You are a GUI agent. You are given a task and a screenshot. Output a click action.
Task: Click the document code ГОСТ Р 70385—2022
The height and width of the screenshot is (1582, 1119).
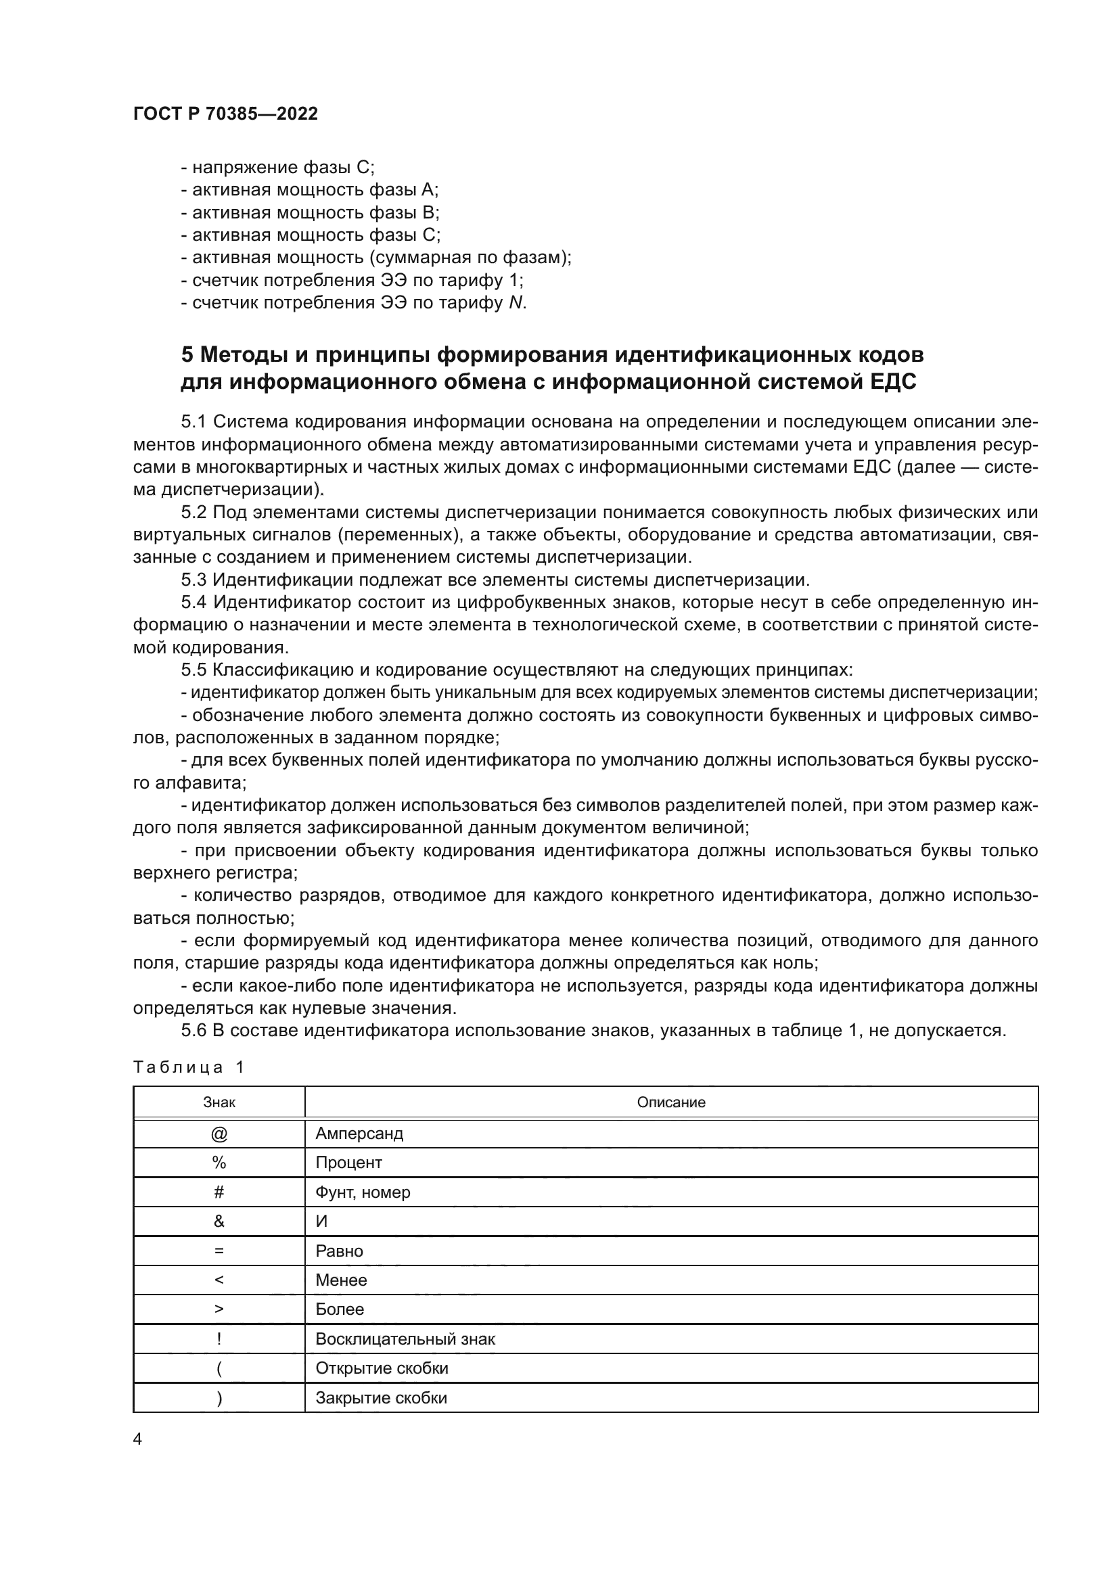point(225,114)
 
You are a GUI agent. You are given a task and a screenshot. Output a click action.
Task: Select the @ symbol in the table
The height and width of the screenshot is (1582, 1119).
point(219,1134)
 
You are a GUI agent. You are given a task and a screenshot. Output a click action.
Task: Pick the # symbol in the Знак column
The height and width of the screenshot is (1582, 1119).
point(219,1192)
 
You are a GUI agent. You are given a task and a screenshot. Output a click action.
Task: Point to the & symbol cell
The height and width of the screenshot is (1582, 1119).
point(219,1221)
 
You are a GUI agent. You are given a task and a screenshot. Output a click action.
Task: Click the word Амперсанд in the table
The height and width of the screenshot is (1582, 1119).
point(359,1134)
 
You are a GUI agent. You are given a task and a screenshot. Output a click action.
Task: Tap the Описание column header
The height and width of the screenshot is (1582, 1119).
point(670,1102)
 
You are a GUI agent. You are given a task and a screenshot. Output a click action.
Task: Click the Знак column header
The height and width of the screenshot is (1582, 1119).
point(219,1102)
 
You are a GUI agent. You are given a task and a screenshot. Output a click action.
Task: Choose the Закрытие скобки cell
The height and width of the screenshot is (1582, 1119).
point(381,1397)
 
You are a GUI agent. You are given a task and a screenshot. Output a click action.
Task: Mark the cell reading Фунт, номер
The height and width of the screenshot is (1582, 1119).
point(363,1192)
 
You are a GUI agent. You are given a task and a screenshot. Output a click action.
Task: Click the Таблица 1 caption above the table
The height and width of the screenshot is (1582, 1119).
point(188,1067)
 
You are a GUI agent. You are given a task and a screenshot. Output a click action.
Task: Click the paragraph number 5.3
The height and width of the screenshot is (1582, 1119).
point(193,580)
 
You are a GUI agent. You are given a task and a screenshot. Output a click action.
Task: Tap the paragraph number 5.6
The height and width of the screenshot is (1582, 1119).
point(193,1031)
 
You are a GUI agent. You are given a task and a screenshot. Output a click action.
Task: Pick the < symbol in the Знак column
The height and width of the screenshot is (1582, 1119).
point(219,1280)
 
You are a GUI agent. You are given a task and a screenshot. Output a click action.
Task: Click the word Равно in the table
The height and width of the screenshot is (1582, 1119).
point(339,1251)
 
